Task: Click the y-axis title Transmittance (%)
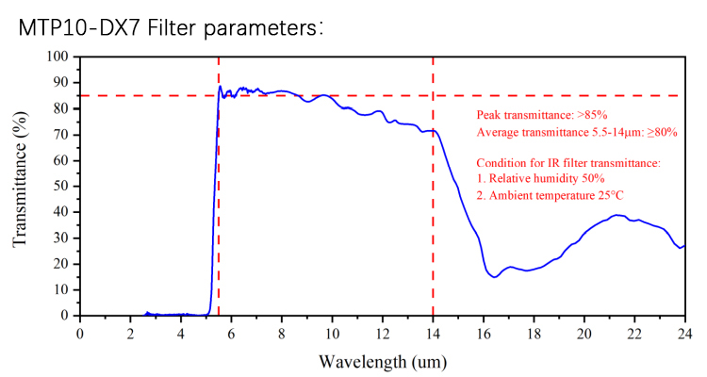click(21, 187)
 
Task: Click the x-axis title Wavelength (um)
click(382, 361)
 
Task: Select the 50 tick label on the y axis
click(62, 186)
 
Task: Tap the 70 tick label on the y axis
click(62, 134)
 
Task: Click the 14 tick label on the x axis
click(433, 333)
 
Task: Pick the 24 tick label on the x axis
click(684, 333)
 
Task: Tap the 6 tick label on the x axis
click(231, 333)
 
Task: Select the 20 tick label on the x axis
click(584, 333)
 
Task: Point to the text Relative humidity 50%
click(540, 178)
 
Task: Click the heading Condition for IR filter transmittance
click(568, 163)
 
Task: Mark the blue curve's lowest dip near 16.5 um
click(494, 277)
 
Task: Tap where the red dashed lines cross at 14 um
click(433, 95)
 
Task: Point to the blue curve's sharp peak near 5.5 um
click(220, 87)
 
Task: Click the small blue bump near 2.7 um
click(147, 312)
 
